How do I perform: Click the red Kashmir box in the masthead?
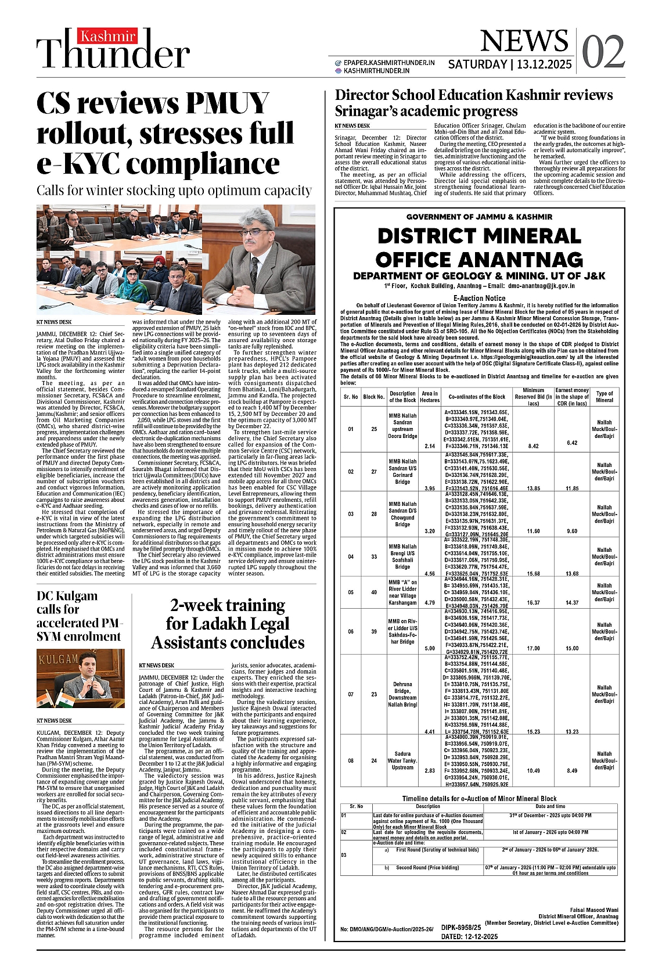coord(108,37)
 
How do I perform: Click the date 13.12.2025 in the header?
coord(545,64)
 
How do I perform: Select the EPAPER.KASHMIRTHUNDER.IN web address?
coord(388,62)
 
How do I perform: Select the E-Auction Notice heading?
coord(479,298)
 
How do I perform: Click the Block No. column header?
coord(373,397)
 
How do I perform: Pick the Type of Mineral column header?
coord(604,397)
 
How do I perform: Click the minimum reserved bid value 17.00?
coord(533,648)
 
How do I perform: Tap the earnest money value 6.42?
coord(572,443)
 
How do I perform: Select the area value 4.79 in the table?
coord(430,602)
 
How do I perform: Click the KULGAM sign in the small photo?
coord(59,659)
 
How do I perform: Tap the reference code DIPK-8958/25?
coord(461,928)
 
